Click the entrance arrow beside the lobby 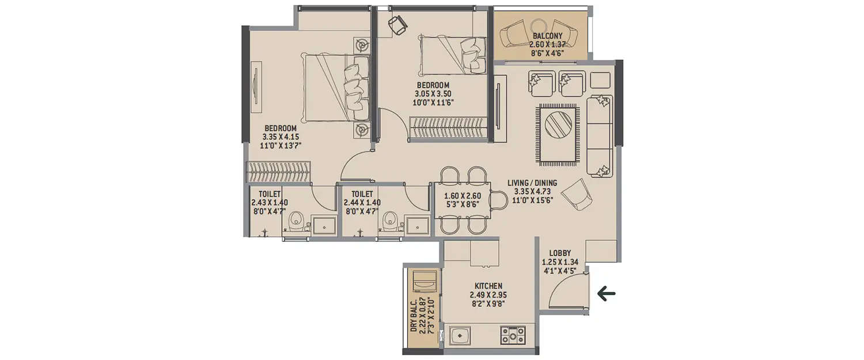tap(606, 294)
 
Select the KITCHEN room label tap(488, 286)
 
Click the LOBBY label tap(559, 253)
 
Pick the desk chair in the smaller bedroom tap(397, 24)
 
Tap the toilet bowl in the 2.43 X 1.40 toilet tap(295, 221)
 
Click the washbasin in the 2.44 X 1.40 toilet tap(416, 225)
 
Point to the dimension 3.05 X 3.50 tap(433, 94)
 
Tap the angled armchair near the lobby tap(577, 194)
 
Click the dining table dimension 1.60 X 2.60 tap(462, 196)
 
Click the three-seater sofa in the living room tap(600, 135)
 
